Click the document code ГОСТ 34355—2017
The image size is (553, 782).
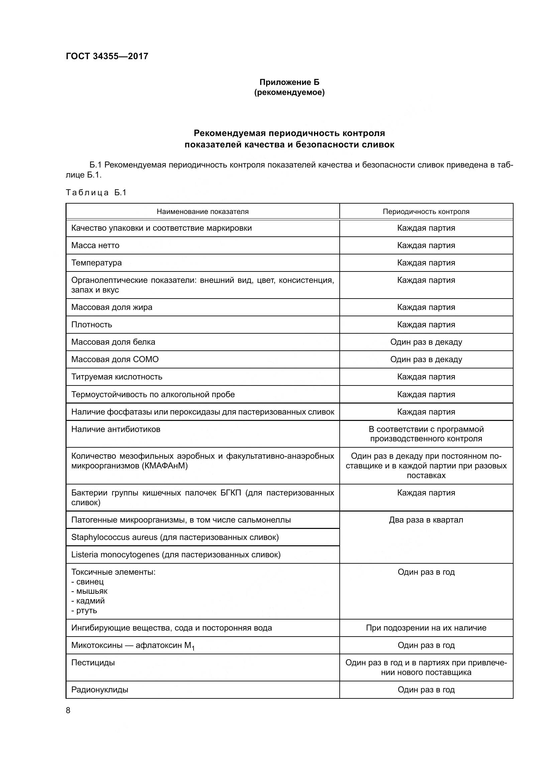(x=107, y=56)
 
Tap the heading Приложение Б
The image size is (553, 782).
(x=290, y=82)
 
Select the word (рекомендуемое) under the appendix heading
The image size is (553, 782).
(x=290, y=92)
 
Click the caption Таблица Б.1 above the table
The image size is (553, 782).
(x=96, y=193)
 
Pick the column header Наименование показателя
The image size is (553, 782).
(x=203, y=212)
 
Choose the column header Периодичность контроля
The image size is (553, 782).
(x=426, y=212)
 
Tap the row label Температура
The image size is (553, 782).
(x=96, y=263)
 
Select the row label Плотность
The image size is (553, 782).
(x=92, y=325)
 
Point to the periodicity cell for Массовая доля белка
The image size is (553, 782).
(x=426, y=342)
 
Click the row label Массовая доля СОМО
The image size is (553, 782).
(x=115, y=359)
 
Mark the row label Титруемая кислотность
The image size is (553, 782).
(x=117, y=377)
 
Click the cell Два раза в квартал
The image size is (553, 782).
(x=426, y=520)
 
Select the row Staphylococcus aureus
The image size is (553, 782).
(x=175, y=538)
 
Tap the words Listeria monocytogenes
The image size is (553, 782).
(x=115, y=555)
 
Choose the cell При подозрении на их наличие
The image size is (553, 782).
(x=426, y=628)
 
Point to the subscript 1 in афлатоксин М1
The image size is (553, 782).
(x=193, y=648)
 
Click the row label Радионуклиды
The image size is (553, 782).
(x=100, y=690)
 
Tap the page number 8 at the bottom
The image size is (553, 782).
(x=68, y=710)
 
